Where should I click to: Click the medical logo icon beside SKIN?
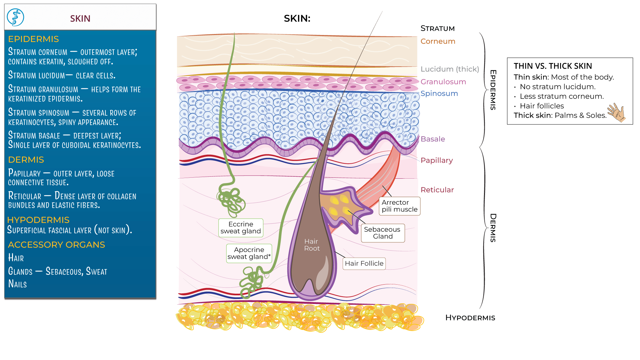[x=15, y=17]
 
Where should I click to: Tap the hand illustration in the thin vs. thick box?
[x=616, y=113]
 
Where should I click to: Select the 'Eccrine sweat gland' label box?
[x=241, y=228]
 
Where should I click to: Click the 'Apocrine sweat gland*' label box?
[x=249, y=253]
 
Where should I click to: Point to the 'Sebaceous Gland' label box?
[x=382, y=233]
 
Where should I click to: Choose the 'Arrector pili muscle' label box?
[x=399, y=206]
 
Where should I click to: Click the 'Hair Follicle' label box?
[x=364, y=263]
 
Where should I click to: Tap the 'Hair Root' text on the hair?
[x=312, y=245]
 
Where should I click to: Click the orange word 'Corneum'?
[x=438, y=41]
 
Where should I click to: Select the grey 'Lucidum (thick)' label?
[x=449, y=69]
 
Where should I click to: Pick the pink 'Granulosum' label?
[x=443, y=82]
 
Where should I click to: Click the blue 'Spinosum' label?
[x=439, y=93]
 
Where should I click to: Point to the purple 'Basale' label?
[x=433, y=139]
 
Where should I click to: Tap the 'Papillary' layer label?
[x=436, y=160]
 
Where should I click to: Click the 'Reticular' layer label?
[x=437, y=190]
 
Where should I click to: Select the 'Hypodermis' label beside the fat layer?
[x=470, y=318]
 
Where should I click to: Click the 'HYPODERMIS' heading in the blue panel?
[x=38, y=220]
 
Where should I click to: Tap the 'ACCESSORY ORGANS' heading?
[x=56, y=245]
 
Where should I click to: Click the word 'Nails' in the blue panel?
[x=17, y=284]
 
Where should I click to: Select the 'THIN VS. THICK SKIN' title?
[x=553, y=66]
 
